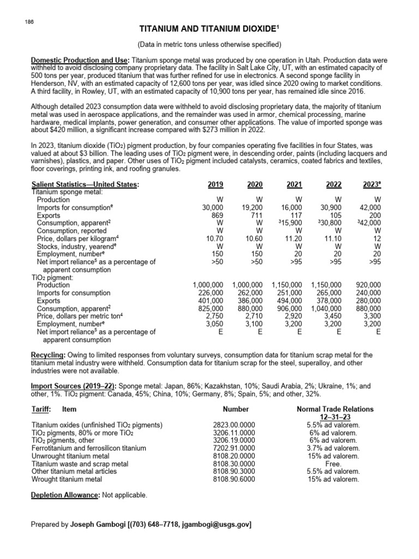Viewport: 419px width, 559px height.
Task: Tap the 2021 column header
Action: click(x=294, y=185)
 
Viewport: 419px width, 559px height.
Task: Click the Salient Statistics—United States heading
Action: click(x=86, y=185)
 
